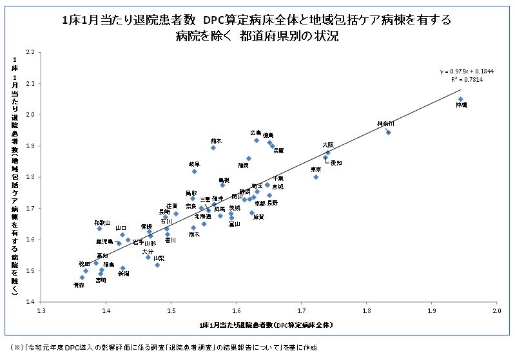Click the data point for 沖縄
click(x=461, y=99)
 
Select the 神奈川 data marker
click(x=388, y=132)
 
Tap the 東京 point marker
click(x=316, y=176)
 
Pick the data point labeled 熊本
click(x=213, y=147)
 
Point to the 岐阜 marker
click(x=194, y=171)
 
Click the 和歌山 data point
click(x=99, y=229)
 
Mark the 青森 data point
click(x=82, y=278)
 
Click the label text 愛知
click(x=336, y=163)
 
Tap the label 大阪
click(x=328, y=146)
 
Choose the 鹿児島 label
click(x=104, y=242)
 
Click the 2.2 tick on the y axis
click(x=30, y=52)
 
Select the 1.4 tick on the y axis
click(x=30, y=301)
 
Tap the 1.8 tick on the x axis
click(x=367, y=310)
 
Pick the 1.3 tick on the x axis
click(x=42, y=310)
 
